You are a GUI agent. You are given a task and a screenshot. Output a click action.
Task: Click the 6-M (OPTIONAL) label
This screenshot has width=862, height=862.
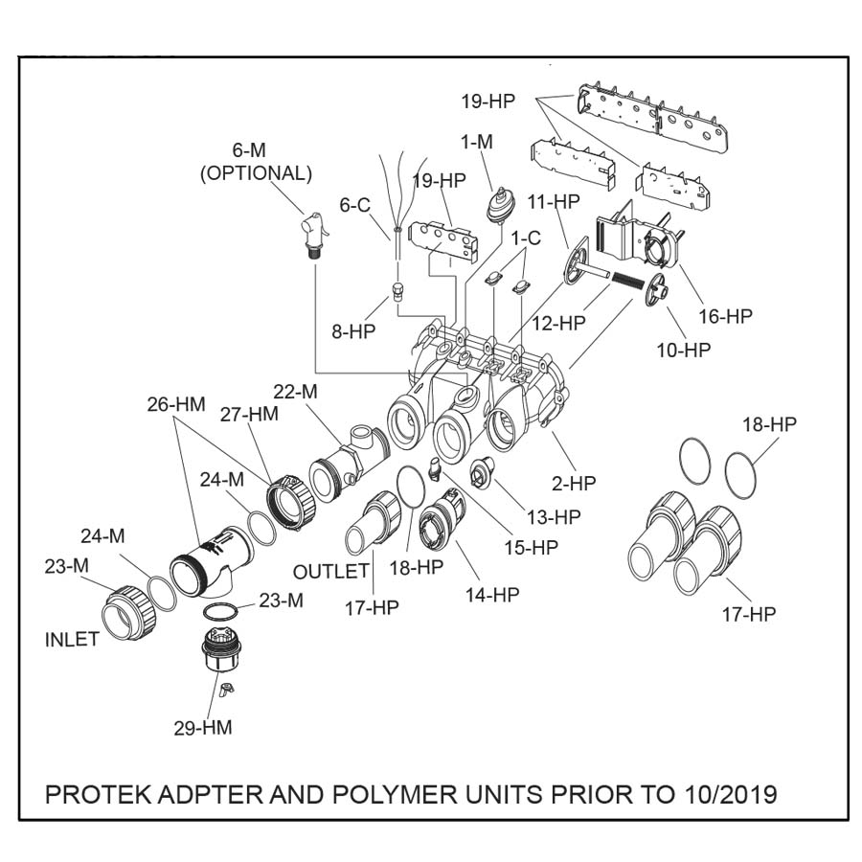point(256,162)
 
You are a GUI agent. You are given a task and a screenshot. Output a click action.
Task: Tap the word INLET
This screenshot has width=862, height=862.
point(72,640)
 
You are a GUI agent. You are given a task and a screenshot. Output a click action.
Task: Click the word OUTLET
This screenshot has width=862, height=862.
point(331,572)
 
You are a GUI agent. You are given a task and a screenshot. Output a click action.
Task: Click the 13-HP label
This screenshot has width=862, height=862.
point(554,517)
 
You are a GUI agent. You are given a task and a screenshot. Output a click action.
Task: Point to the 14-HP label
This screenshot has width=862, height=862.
point(492,595)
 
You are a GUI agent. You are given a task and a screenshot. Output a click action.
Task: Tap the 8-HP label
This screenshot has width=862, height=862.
point(353,330)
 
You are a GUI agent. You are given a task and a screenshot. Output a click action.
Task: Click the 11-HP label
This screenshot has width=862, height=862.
point(554,202)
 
